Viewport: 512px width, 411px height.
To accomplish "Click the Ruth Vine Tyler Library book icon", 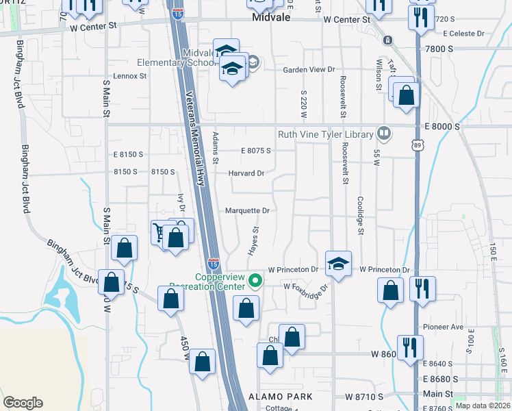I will click(384, 134).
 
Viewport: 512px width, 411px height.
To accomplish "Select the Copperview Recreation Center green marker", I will click(255, 279).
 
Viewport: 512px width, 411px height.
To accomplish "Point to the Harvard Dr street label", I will click(246, 173).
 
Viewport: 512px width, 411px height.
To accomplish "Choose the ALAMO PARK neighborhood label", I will click(281, 397).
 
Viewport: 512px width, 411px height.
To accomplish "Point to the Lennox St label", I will click(130, 76).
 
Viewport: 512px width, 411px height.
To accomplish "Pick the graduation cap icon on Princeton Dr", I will click(338, 263).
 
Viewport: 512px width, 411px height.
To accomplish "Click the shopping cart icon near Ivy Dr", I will click(161, 232).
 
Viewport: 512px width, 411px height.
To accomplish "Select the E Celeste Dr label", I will click(463, 33).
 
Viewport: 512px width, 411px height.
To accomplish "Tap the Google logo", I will click(23, 403).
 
